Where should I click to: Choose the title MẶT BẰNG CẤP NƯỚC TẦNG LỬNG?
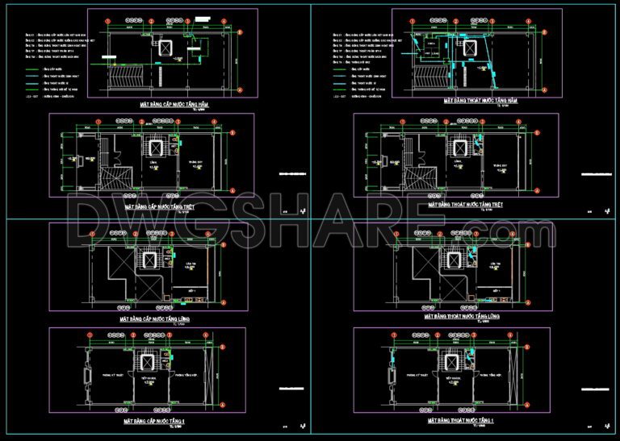pos(154,319)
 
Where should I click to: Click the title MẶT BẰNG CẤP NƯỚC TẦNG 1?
pos(154,421)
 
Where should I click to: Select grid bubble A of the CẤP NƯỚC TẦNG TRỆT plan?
pos(232,191)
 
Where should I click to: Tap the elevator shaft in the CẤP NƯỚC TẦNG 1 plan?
pos(149,364)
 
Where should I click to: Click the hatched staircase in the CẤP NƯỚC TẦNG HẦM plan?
pos(128,79)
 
